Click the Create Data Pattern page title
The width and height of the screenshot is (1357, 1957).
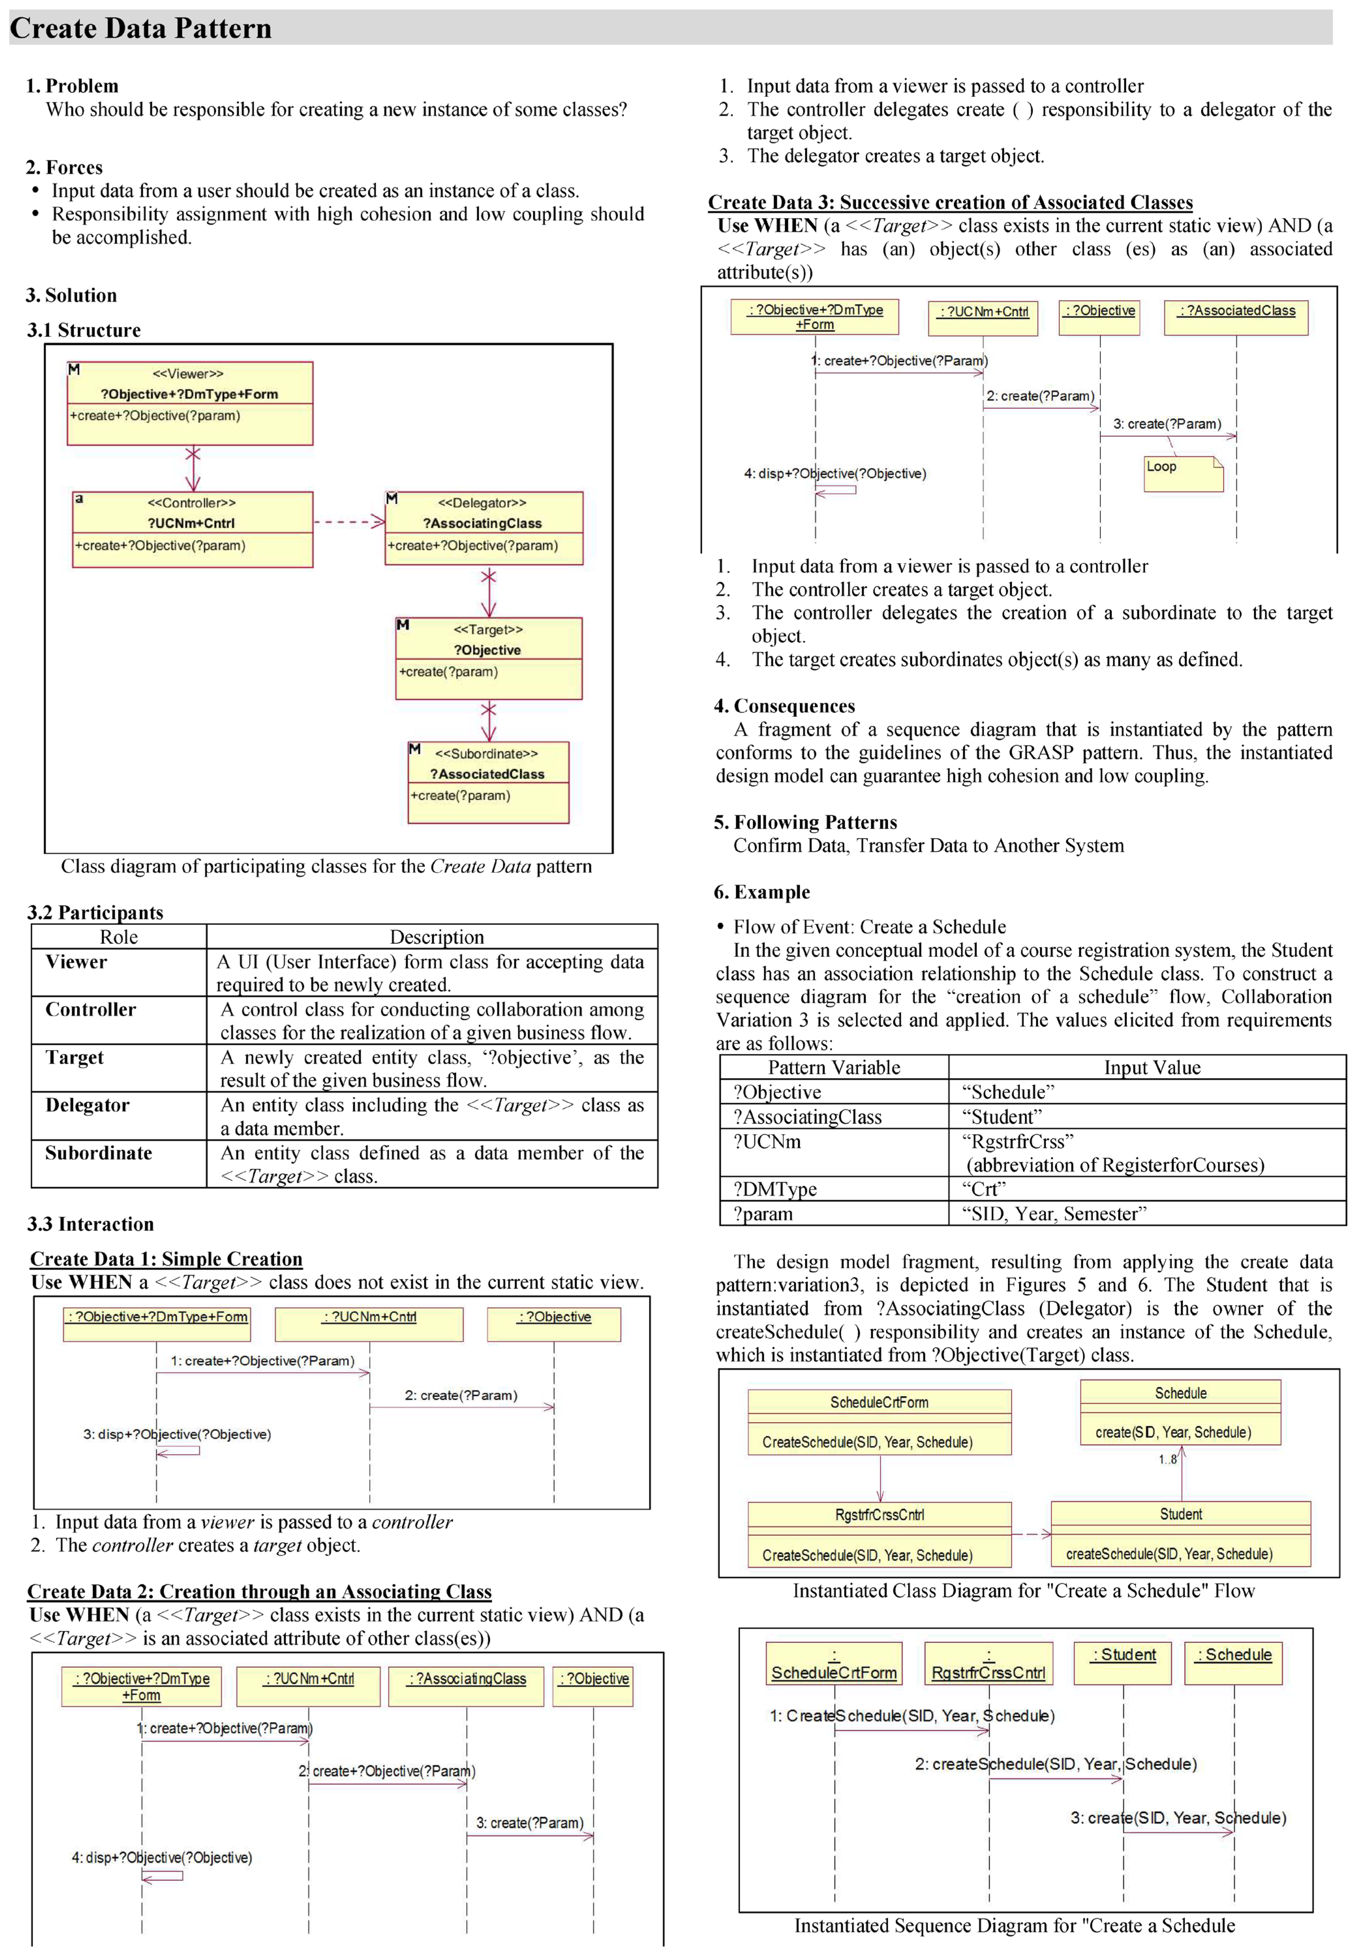tap(141, 28)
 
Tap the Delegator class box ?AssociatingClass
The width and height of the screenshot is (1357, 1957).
tap(484, 528)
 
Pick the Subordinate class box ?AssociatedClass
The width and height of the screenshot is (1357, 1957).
tap(488, 782)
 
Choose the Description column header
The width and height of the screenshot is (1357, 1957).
tap(436, 937)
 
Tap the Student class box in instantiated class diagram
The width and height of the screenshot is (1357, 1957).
tap(1180, 1534)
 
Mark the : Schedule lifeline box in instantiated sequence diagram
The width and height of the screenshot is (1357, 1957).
tap(1233, 1662)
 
